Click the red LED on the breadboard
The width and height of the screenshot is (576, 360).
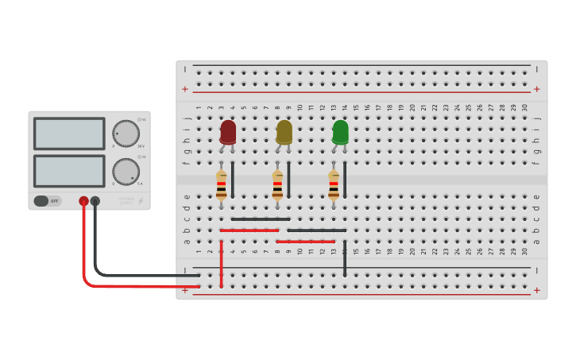228,131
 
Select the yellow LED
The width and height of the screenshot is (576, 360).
284,131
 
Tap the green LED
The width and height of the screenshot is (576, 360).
340,131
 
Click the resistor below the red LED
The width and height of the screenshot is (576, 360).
221,184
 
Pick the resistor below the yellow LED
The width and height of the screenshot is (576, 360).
277,184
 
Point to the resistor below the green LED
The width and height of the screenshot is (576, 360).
334,184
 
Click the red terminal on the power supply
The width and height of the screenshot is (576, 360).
83,201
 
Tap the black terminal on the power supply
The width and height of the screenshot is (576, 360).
95,201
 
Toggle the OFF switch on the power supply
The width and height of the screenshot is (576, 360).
47,201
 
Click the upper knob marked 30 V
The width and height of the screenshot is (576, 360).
126,134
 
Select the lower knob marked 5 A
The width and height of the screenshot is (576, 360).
126,171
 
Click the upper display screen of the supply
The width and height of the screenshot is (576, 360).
69,134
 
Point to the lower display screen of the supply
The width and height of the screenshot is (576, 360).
69,171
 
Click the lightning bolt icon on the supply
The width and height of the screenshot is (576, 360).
141,201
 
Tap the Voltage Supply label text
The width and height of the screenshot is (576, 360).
126,200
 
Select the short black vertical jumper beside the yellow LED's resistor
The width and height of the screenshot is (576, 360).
288,180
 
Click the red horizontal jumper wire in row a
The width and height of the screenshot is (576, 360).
306,241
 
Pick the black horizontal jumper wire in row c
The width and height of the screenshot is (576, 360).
261,219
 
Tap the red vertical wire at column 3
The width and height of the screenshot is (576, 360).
221,262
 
